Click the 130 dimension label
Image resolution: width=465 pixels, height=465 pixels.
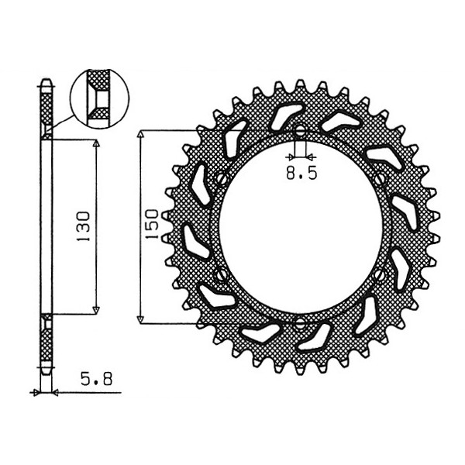click(83, 226)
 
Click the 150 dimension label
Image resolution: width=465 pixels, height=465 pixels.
click(152, 224)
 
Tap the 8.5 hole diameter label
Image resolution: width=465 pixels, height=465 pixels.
click(301, 173)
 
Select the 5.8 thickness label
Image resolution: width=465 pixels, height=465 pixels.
click(97, 379)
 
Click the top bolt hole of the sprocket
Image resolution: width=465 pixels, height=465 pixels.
click(300, 130)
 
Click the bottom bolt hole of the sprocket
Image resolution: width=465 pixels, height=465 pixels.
click(300, 324)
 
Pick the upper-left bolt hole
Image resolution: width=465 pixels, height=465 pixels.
click(222, 179)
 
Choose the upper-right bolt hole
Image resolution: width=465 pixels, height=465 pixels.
click(379, 179)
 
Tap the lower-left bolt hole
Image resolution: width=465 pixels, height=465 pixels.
click(221, 274)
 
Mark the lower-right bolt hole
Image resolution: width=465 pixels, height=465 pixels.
click(379, 274)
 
